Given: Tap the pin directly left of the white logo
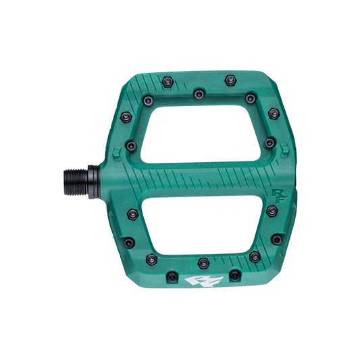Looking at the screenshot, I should tap(172, 276).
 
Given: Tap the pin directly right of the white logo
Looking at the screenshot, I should tap(234, 275).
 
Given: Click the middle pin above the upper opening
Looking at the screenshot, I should tap(199, 94).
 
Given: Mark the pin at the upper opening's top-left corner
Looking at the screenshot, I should tap(147, 101).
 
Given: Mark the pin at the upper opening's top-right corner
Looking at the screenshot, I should tap(250, 98).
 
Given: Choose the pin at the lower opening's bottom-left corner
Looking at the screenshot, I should tap(151, 259).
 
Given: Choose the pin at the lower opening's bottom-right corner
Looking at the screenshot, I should tap(254, 256).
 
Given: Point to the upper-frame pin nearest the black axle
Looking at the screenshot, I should tap(131, 145).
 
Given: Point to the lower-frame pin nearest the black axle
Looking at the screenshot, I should tap(132, 214).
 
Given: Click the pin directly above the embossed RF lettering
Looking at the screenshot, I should tap(269, 143).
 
